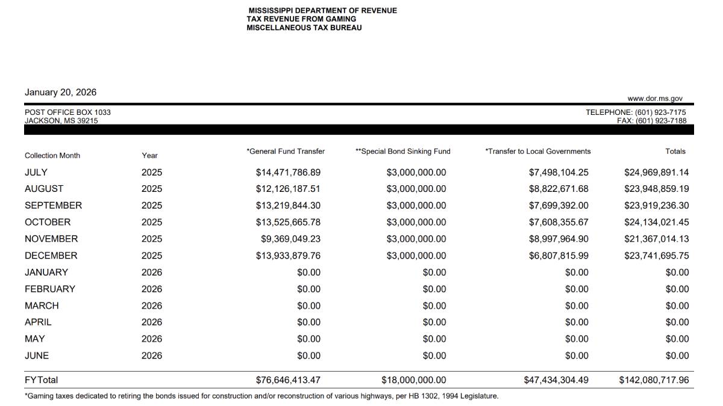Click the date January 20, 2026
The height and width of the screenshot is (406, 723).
point(60,93)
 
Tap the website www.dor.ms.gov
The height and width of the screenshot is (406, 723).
point(655,99)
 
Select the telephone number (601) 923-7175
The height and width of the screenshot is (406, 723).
point(660,112)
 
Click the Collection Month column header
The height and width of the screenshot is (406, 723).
point(52,156)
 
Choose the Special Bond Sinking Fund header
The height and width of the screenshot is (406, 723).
point(403,152)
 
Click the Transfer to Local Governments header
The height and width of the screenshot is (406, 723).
point(538,152)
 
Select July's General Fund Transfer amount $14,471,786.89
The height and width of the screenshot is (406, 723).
point(288,173)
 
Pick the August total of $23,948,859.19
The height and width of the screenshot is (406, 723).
point(656,189)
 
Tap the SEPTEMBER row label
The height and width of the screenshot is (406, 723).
point(53,206)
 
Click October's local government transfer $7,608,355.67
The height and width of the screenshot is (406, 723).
point(559,223)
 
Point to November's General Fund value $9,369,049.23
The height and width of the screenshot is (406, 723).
point(290,239)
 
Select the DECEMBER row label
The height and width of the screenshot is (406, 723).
point(51,256)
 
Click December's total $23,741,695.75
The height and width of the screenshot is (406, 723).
point(656,256)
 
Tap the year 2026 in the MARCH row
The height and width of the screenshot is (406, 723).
point(152,306)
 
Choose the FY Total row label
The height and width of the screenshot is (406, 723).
point(41,380)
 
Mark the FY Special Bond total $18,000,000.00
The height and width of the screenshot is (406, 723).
point(414,380)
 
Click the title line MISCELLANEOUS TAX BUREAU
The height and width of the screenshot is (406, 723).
point(304,28)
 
